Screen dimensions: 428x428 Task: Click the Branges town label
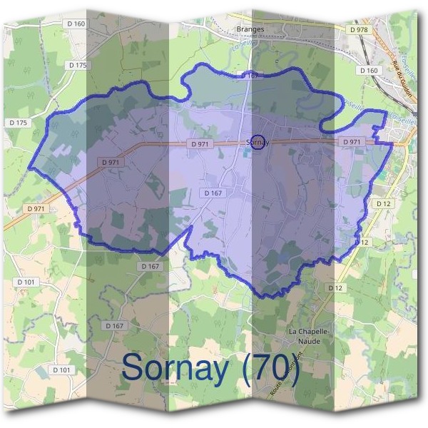tap(250, 29)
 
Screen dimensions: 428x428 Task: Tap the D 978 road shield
tap(359, 30)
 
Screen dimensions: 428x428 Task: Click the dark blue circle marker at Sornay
tap(258, 142)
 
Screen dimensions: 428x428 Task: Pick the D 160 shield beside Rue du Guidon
tap(369, 71)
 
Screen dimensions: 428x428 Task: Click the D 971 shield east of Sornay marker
tap(352, 142)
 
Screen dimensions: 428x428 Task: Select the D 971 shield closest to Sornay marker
tap(200, 143)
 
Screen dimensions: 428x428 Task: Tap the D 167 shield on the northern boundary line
tap(250, 75)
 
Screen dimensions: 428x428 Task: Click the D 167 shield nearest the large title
tap(115, 325)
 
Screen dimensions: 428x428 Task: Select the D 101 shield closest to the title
tap(61, 370)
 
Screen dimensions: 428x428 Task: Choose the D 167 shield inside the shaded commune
tap(213, 193)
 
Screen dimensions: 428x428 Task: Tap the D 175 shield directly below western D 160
tap(78, 65)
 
